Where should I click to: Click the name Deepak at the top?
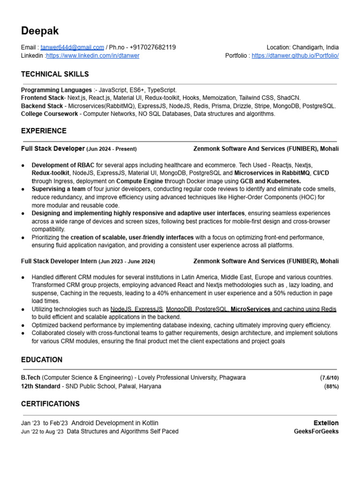(40, 31)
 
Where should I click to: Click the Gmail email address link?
(72, 47)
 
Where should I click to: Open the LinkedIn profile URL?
(93, 55)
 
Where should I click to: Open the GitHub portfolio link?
(295, 55)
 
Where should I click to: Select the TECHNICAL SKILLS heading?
(55, 74)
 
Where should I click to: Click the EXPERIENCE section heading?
(44, 131)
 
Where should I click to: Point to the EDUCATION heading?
(42, 360)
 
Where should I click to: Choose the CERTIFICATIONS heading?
(50, 404)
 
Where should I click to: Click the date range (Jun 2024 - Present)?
(112, 149)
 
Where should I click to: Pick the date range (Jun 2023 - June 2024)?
(127, 261)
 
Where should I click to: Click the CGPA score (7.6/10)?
(329, 378)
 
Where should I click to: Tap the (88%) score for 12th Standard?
(331, 387)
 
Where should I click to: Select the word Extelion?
(326, 423)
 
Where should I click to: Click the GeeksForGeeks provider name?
(315, 431)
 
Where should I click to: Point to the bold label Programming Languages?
(56, 90)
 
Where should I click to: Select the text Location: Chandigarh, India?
(302, 47)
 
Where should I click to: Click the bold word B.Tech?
(31, 378)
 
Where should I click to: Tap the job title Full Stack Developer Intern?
(59, 261)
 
